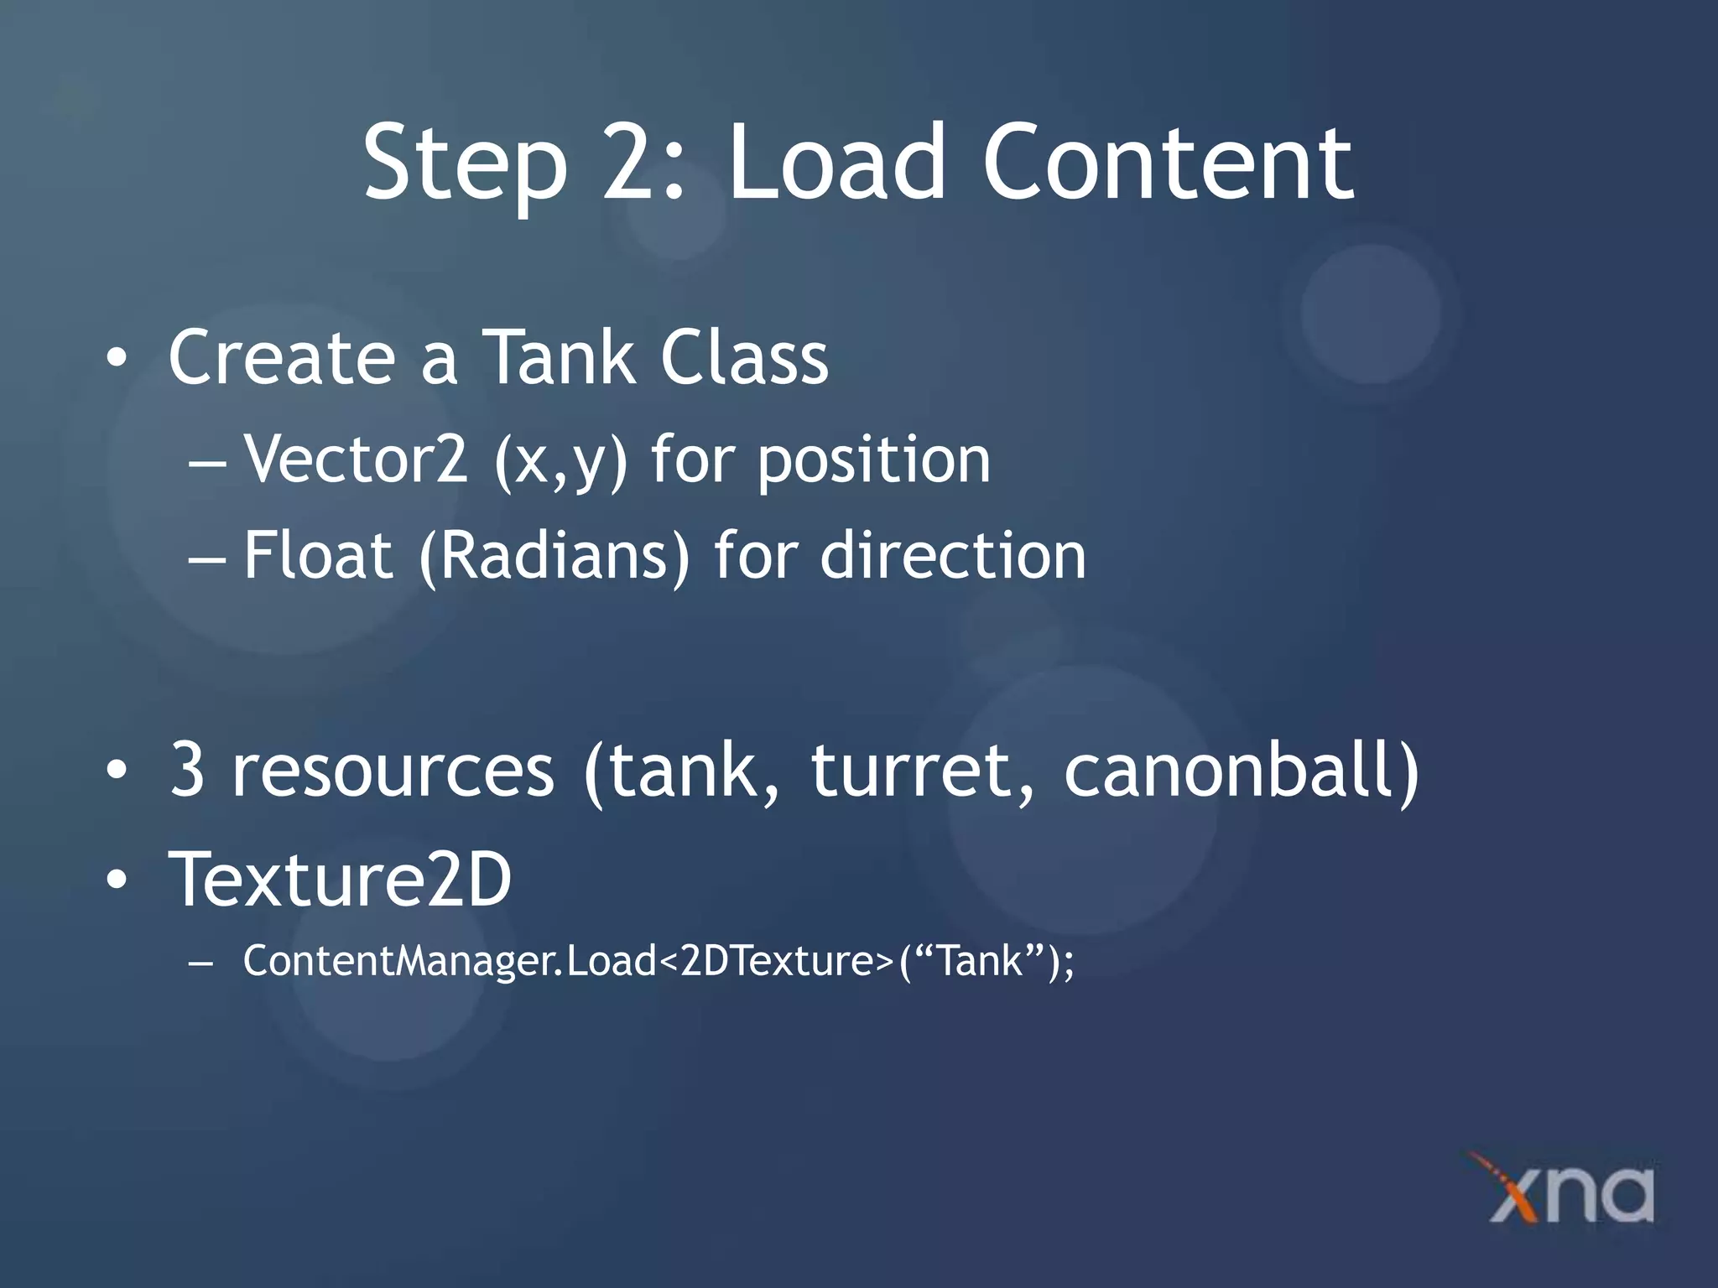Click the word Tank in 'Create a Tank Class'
pos(560,357)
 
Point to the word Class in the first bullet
pos(744,357)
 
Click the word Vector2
pos(355,460)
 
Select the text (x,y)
pos(560,461)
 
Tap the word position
pos(873,461)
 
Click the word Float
pos(318,556)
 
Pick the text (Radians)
pos(554,557)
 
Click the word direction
pos(952,556)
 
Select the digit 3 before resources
pos(187,770)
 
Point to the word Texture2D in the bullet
pos(340,879)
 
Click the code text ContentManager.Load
pos(450,961)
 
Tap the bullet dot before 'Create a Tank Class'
pos(117,360)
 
